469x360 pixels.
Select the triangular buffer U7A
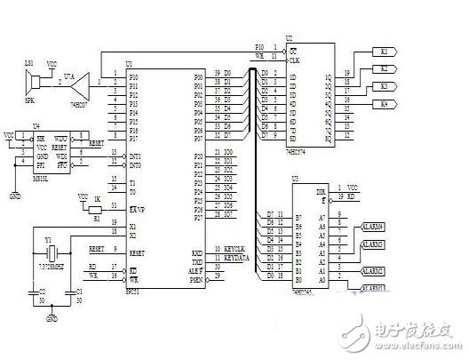[81, 85]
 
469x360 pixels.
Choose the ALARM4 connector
[373, 228]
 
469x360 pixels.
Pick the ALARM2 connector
[373, 269]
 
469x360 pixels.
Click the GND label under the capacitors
[52, 318]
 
